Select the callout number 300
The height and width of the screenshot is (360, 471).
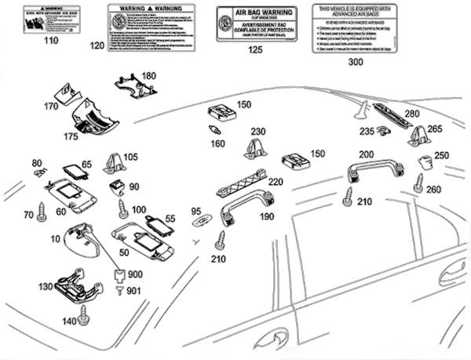click(x=355, y=60)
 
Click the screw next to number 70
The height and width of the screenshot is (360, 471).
click(x=42, y=213)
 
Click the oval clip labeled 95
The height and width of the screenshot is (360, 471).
click(x=201, y=222)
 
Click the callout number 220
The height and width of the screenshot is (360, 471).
click(x=276, y=180)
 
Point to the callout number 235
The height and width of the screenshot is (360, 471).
click(x=367, y=132)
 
